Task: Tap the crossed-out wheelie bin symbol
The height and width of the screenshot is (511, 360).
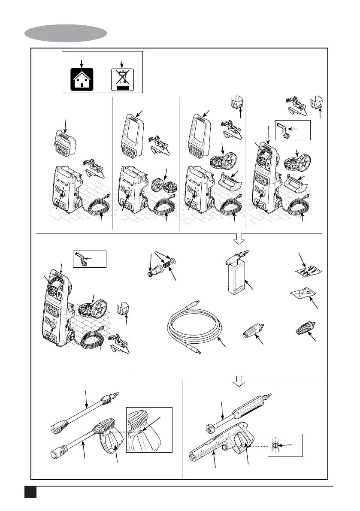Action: (x=122, y=79)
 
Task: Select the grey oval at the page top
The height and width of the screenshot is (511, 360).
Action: (x=66, y=33)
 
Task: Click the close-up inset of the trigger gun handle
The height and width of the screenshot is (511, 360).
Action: (x=149, y=430)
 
